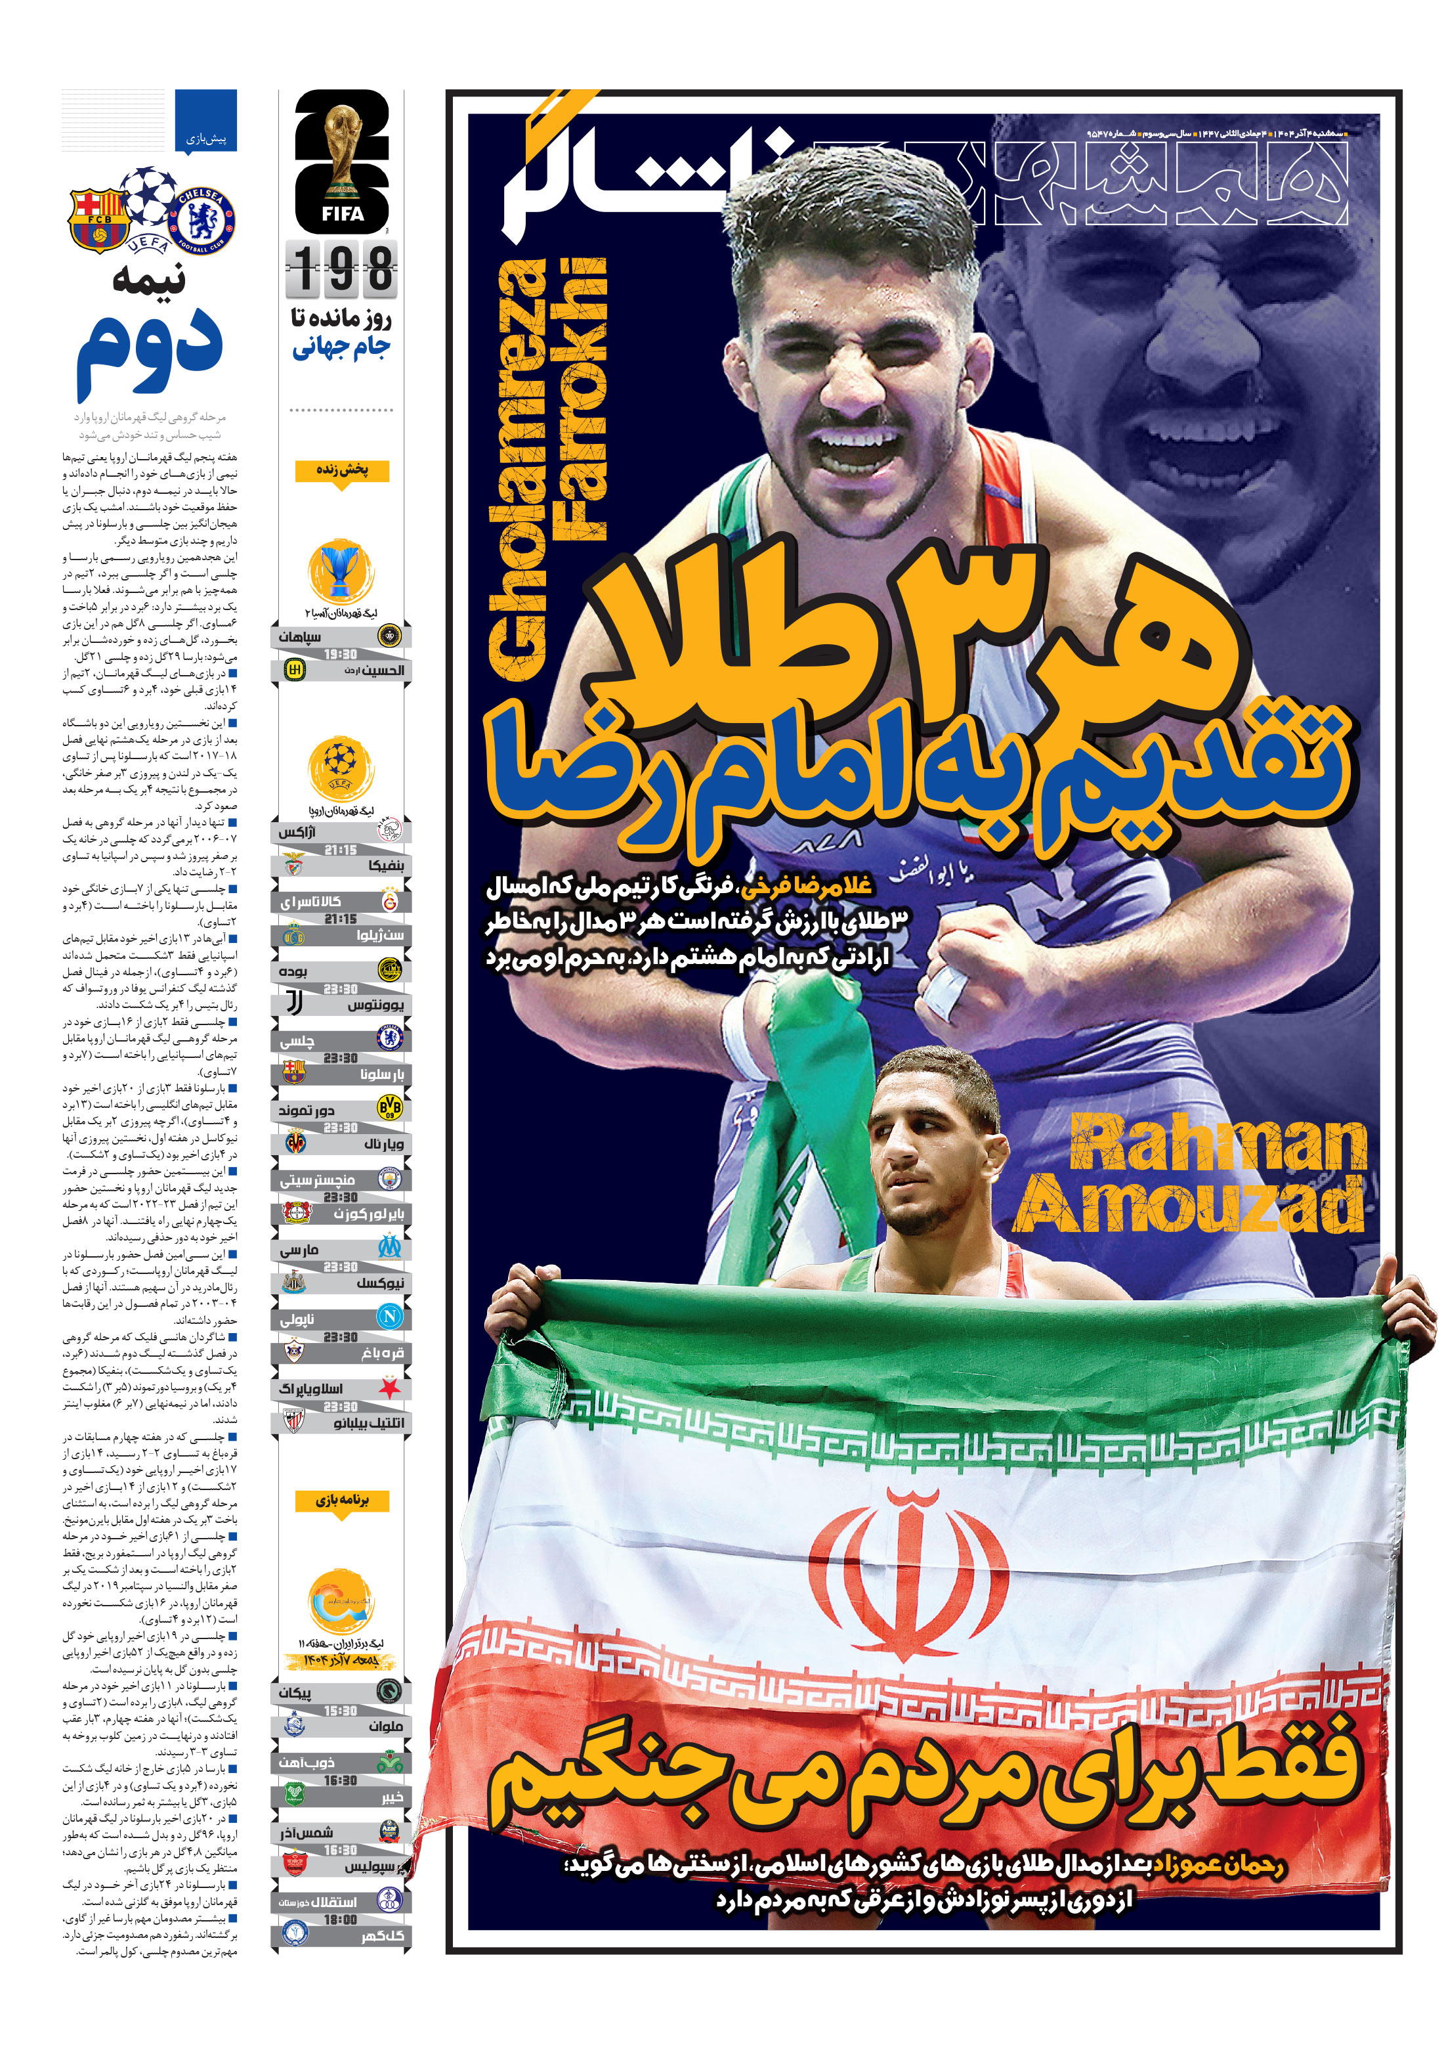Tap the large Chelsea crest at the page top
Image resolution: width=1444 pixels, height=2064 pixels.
(205, 219)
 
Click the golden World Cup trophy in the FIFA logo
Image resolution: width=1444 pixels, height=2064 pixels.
(343, 148)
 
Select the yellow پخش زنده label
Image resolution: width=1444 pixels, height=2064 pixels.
(343, 470)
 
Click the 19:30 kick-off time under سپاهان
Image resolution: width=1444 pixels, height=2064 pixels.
(341, 655)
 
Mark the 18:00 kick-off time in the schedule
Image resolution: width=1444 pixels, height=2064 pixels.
(341, 1920)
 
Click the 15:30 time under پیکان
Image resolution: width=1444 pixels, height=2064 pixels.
(341, 1711)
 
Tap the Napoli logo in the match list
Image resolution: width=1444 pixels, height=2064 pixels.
(390, 1317)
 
